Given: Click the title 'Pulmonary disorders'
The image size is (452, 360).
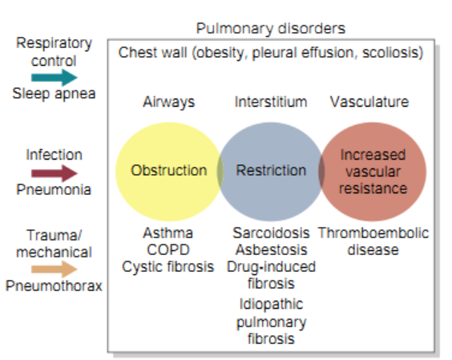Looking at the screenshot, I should pos(271,29).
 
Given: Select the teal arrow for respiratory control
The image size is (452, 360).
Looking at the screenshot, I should pos(54,77).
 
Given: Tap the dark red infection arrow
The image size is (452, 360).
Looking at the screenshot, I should pos(54,172).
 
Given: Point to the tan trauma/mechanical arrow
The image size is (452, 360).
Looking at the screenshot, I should pos(54,269).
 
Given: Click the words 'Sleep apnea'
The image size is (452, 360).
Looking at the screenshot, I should pos(54,94).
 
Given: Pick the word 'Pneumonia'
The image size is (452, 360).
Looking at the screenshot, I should pos(54,190).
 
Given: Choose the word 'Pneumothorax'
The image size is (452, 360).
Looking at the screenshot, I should pos(54,286).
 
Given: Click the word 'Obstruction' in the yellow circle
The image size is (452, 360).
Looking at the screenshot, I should pos(168,171).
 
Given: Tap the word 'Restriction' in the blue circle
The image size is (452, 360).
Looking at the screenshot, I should pos(271,171).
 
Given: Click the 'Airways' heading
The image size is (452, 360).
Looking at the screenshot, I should pos(168,103).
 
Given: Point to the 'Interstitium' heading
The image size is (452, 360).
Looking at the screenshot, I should pos(271,103).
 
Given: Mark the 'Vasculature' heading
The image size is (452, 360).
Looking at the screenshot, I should pos(369,103).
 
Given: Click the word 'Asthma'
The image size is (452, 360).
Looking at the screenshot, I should pos(168,233).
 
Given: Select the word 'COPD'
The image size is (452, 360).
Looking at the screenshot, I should pos(168,250).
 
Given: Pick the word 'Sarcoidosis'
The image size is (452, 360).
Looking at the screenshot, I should pos(271,233).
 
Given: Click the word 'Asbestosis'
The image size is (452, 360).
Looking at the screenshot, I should pos(271,250).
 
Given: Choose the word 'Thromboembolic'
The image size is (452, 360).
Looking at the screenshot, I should pos(373,233).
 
